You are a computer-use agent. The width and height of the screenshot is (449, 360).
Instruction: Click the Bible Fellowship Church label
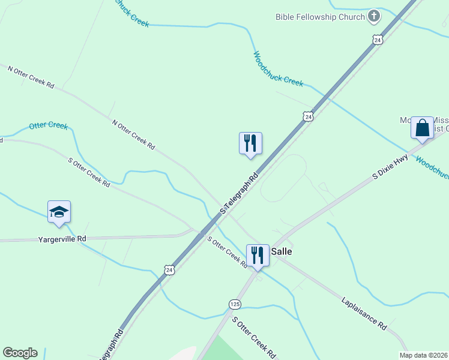click(320, 17)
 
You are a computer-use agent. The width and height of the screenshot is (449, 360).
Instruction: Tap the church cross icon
click(374, 16)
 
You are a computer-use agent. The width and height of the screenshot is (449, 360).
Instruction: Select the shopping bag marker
click(422, 128)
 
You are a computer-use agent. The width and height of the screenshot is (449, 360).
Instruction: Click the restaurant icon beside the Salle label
click(258, 255)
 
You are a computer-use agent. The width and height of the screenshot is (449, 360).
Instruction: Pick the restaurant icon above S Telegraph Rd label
click(250, 143)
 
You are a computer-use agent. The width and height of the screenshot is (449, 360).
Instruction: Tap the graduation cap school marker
click(59, 212)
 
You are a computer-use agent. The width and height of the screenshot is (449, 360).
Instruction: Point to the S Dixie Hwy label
click(390, 167)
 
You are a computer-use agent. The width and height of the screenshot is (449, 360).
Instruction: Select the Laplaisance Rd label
click(364, 313)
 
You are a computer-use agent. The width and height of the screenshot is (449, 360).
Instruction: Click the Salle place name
click(282, 251)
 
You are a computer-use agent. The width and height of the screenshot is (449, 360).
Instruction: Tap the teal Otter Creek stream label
click(48, 126)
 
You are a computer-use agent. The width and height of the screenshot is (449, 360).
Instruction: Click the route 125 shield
click(235, 304)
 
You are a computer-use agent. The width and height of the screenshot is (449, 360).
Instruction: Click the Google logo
click(20, 353)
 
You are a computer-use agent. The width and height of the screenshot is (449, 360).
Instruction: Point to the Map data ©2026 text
click(423, 355)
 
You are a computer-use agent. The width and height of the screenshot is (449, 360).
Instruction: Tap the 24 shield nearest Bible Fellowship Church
click(376, 40)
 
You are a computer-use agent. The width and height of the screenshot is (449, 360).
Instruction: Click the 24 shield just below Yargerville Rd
click(170, 270)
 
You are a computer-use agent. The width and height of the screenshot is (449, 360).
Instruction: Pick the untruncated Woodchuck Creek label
click(278, 69)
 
